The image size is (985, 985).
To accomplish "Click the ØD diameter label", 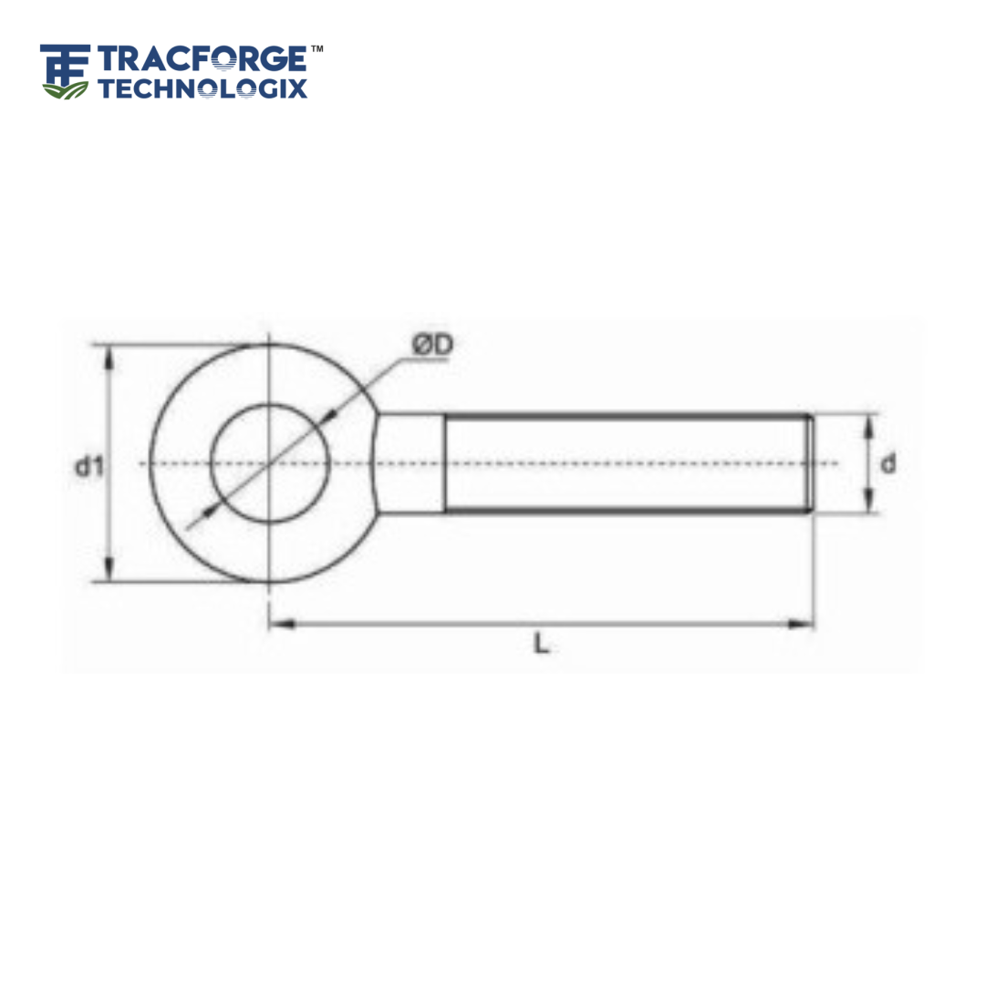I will point(431,346).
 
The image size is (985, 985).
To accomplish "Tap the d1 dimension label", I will point(88,466).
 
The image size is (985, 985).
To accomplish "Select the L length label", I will point(542,644).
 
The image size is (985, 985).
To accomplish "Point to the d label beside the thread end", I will point(887,463).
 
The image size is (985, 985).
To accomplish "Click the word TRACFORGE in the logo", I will point(202,60).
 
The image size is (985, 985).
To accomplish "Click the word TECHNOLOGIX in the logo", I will point(202,88).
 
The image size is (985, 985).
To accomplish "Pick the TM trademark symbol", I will point(316,47).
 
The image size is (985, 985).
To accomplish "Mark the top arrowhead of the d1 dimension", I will point(110,356).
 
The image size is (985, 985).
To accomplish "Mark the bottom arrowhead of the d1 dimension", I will point(110,572).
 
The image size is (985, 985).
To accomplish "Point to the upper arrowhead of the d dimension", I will point(869,424).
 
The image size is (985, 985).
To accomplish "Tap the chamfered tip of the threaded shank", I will point(808,463).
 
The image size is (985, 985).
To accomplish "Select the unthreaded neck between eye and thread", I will point(410,463).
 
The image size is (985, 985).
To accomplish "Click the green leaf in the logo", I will point(66,88).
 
